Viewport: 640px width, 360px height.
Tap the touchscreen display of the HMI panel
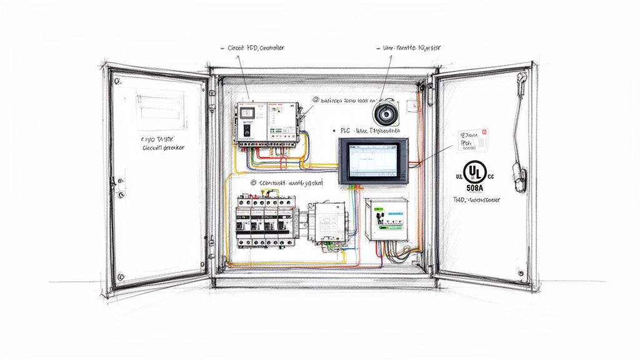pos(372,160)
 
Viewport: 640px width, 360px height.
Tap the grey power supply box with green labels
pos(387,219)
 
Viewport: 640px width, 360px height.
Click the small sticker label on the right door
pos(473,139)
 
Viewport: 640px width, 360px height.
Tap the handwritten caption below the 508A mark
pos(476,201)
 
